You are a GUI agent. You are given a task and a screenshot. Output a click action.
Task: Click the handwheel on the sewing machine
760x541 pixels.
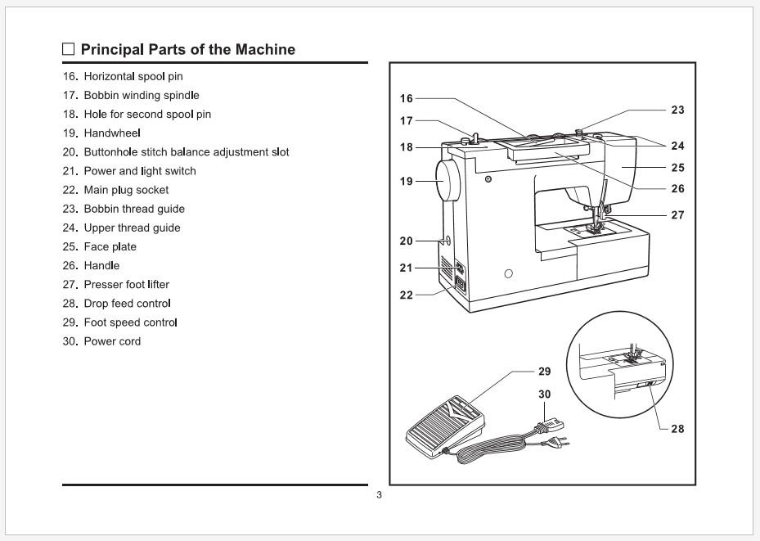tap(447, 182)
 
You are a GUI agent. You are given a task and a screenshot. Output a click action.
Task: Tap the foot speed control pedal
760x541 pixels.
tap(443, 422)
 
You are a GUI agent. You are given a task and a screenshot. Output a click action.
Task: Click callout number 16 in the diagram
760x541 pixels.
tap(407, 98)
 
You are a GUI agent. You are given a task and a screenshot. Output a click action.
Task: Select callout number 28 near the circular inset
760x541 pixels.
tap(677, 429)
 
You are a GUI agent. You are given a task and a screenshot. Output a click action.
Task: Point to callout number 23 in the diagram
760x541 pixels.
tap(677, 110)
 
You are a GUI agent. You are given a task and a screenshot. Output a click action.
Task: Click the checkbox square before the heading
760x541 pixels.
tap(69, 49)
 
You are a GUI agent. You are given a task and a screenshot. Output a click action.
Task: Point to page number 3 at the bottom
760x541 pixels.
tap(379, 495)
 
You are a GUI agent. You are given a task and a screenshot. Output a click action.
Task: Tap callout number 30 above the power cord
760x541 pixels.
tap(544, 394)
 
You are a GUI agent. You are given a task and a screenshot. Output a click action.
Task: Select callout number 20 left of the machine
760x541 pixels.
tap(407, 241)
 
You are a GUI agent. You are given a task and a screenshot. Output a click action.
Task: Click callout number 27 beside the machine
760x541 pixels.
tap(677, 215)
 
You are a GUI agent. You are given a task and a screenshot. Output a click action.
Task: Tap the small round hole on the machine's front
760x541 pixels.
tap(508, 273)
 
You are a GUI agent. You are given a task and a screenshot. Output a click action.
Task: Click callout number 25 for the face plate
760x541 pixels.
tap(677, 168)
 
